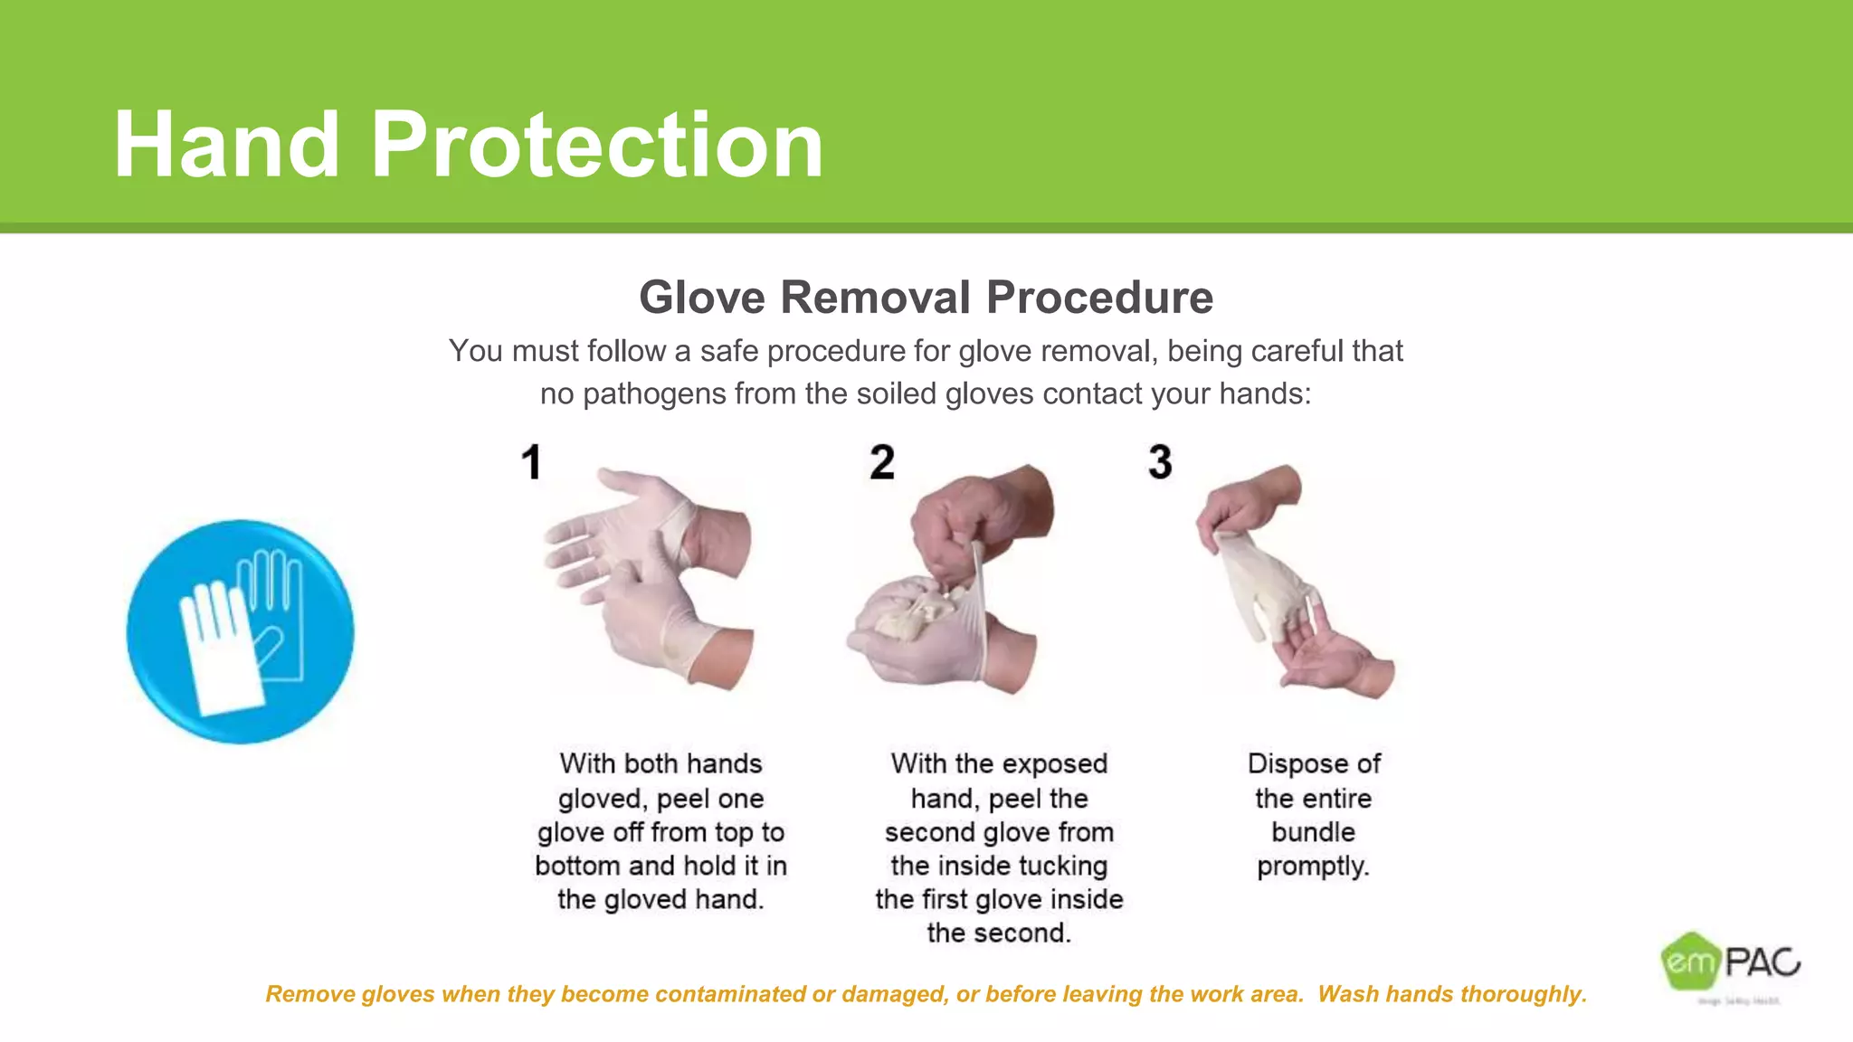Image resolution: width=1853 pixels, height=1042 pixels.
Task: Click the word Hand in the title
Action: tap(226, 145)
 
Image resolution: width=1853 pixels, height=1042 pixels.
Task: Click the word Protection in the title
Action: tap(597, 145)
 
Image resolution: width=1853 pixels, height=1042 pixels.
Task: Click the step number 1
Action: tap(531, 462)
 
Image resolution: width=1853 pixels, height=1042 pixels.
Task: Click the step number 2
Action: tap(882, 462)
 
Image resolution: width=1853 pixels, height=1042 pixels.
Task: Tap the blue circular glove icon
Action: tap(240, 631)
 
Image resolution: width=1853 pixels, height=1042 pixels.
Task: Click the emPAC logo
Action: tap(1730, 962)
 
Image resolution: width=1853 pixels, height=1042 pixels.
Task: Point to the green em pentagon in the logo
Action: tap(1689, 961)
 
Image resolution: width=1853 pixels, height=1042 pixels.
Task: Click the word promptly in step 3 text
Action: tap(1313, 867)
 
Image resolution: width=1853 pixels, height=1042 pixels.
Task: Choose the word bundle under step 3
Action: tap(1313, 832)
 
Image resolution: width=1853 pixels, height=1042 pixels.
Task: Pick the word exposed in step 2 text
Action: tap(1054, 763)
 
